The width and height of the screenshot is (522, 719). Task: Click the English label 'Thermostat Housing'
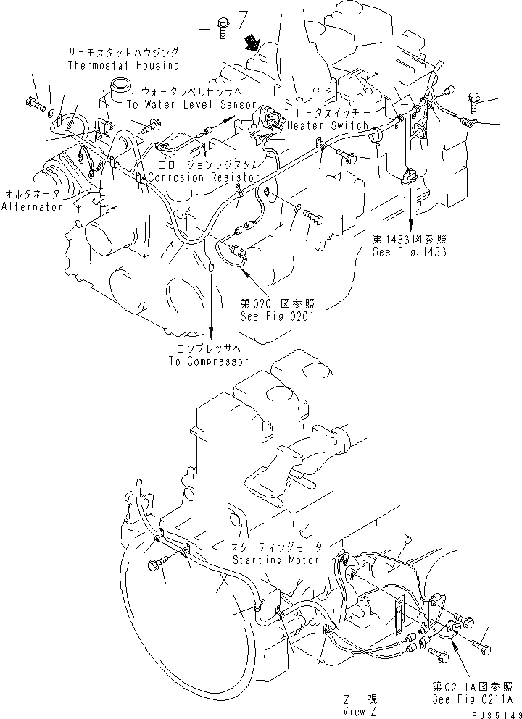click(123, 65)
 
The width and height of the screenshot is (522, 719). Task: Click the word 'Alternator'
click(31, 206)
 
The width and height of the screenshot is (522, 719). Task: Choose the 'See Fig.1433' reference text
click(409, 252)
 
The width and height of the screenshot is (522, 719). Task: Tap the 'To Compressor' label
click(209, 361)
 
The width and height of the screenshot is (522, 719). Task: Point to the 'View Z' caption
click(360, 711)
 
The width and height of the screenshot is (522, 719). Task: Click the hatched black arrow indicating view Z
click(253, 41)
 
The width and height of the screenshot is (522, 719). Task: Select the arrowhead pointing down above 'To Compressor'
click(211, 334)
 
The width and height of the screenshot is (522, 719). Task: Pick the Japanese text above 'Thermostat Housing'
click(123, 53)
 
